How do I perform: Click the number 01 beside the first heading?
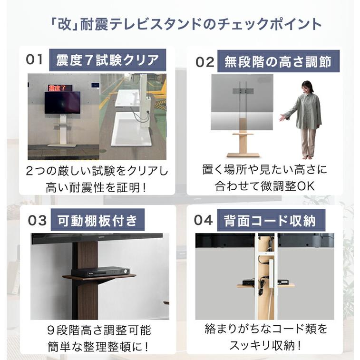[x=34, y=60]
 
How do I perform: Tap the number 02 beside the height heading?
[x=205, y=62]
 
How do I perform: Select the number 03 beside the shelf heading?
[x=38, y=221]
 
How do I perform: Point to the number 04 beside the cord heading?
[x=205, y=221]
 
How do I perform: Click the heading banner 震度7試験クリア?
[x=107, y=60]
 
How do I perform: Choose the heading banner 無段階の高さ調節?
[x=278, y=62]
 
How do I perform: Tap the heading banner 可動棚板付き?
[x=97, y=221]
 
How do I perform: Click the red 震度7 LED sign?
[x=59, y=88]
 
